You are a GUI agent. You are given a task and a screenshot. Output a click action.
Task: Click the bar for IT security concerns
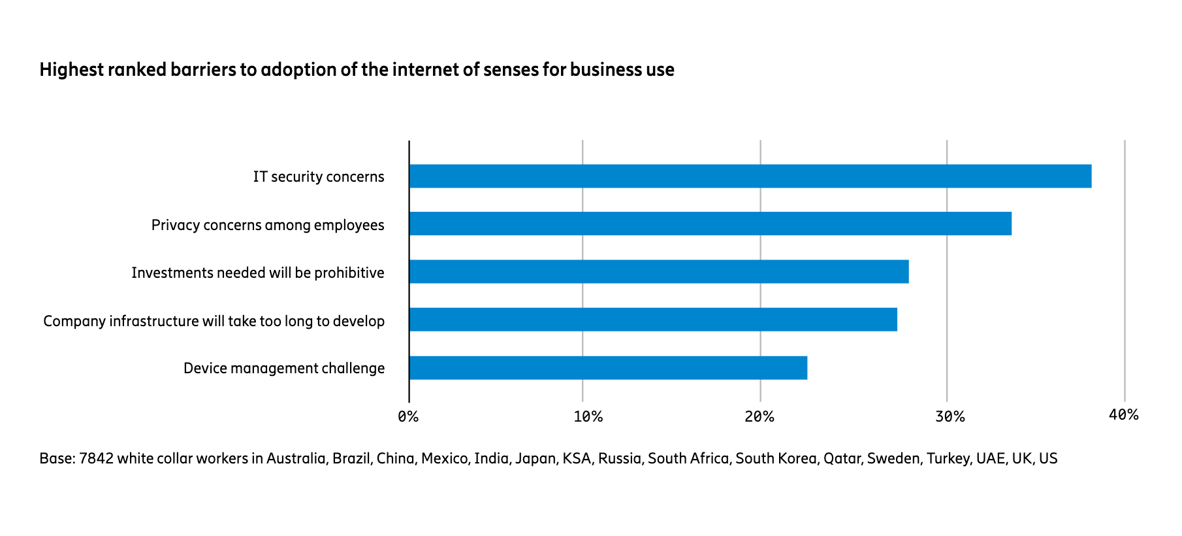click(x=750, y=176)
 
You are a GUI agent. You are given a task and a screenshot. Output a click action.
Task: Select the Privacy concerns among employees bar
click(x=710, y=224)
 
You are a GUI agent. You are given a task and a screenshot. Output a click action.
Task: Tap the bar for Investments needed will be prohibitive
click(x=658, y=271)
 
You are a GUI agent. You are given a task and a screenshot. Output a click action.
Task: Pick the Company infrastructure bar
click(x=652, y=319)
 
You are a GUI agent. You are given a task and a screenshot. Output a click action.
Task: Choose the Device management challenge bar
click(x=608, y=367)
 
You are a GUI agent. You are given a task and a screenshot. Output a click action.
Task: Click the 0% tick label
click(x=408, y=416)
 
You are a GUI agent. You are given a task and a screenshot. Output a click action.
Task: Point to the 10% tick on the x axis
click(x=588, y=416)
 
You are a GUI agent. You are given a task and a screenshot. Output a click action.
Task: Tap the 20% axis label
click(x=759, y=416)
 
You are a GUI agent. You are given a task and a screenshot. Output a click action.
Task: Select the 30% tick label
click(x=950, y=416)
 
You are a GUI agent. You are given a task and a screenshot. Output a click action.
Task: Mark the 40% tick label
click(x=1124, y=414)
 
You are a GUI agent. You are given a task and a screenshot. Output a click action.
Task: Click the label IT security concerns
click(x=319, y=177)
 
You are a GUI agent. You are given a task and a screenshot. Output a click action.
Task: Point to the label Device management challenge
click(x=284, y=369)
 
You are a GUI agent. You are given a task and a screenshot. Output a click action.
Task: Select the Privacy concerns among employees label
click(x=268, y=226)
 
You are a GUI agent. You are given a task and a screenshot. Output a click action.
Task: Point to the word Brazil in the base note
click(x=351, y=458)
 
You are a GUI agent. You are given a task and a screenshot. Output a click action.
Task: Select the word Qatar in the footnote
click(x=842, y=458)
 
